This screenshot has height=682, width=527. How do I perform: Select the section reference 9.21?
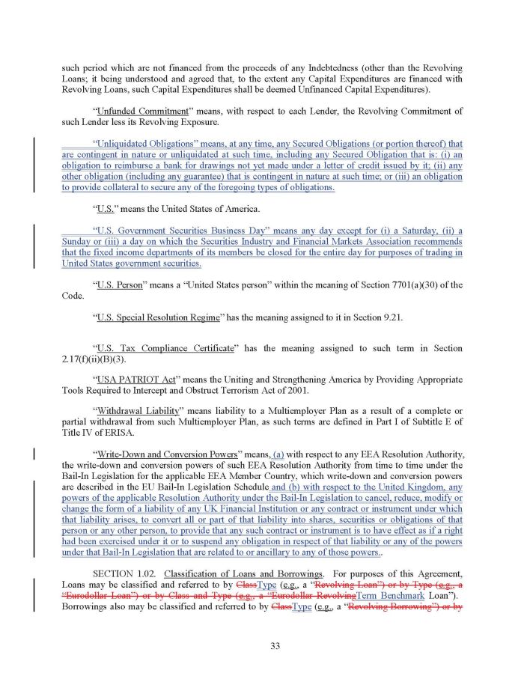tap(391, 317)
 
